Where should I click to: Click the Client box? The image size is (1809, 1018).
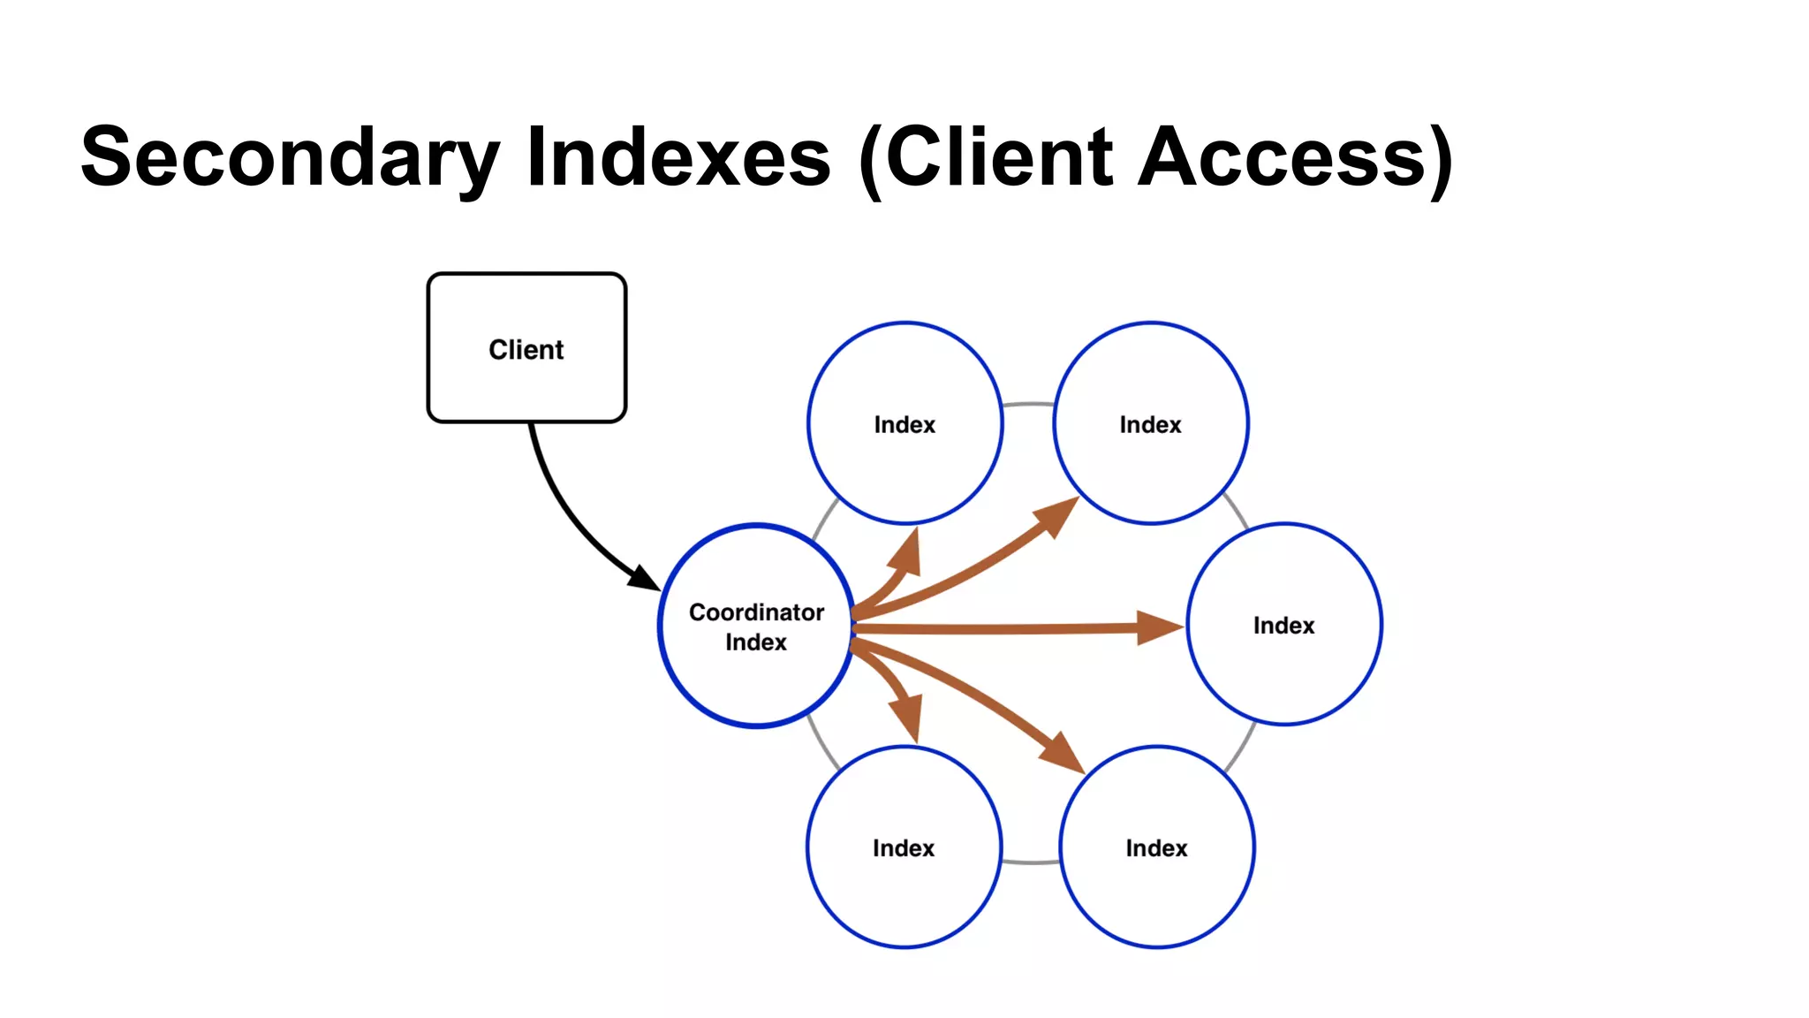526,348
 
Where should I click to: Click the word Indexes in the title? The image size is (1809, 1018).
678,157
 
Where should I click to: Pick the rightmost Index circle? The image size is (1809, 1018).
1284,625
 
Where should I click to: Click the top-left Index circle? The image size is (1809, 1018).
904,423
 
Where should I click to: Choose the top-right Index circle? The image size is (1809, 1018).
1150,423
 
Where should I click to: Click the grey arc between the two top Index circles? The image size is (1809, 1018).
1029,405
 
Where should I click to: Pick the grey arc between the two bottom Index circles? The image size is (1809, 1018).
1031,862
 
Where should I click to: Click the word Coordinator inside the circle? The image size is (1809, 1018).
756,612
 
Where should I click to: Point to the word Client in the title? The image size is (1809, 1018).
998,157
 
